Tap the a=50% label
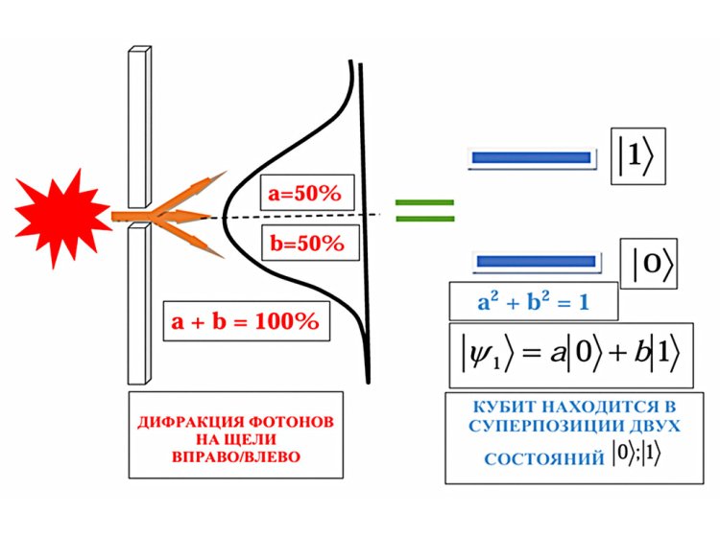click(304, 195)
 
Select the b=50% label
click(306, 243)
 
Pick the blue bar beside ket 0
click(538, 261)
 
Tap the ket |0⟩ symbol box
click(653, 267)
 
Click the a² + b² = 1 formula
click(533, 302)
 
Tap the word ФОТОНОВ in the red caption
click(279, 423)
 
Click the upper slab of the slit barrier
click(138, 125)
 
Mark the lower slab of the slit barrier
click(138, 297)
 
